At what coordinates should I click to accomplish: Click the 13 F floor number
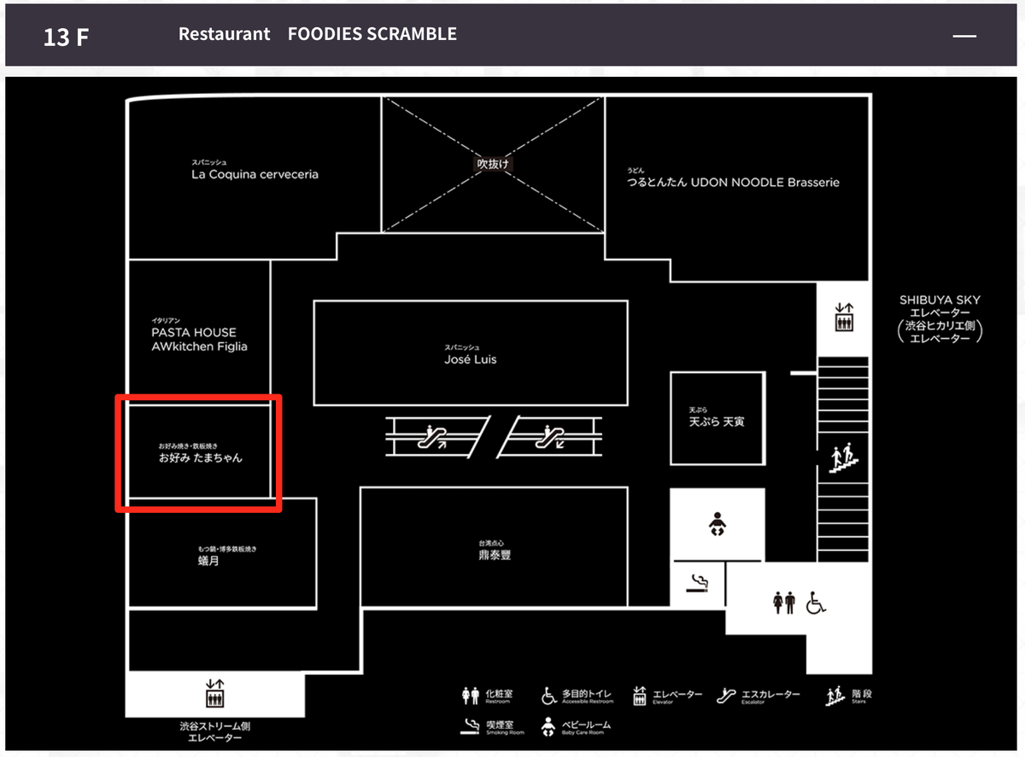pos(66,37)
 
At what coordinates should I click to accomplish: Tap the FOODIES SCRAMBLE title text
pos(372,34)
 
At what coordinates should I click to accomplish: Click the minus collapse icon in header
pos(964,36)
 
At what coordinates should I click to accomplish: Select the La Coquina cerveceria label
pos(255,174)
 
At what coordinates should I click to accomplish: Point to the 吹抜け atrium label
pos(493,163)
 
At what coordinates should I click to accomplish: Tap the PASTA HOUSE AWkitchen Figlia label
pos(199,339)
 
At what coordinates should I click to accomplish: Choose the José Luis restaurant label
pos(470,359)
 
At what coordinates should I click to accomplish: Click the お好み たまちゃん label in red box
pos(201,457)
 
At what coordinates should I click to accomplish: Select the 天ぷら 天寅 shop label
pos(716,421)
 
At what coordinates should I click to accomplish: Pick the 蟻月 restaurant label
pos(208,561)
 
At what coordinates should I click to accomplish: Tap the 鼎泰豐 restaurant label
pos(495,555)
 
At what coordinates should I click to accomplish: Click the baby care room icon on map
pos(717,523)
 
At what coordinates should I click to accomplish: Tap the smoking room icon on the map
pos(699,584)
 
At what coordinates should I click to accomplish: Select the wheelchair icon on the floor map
pos(816,603)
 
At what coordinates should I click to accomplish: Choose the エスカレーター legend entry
pos(759,696)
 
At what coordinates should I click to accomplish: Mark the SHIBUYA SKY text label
pos(940,300)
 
